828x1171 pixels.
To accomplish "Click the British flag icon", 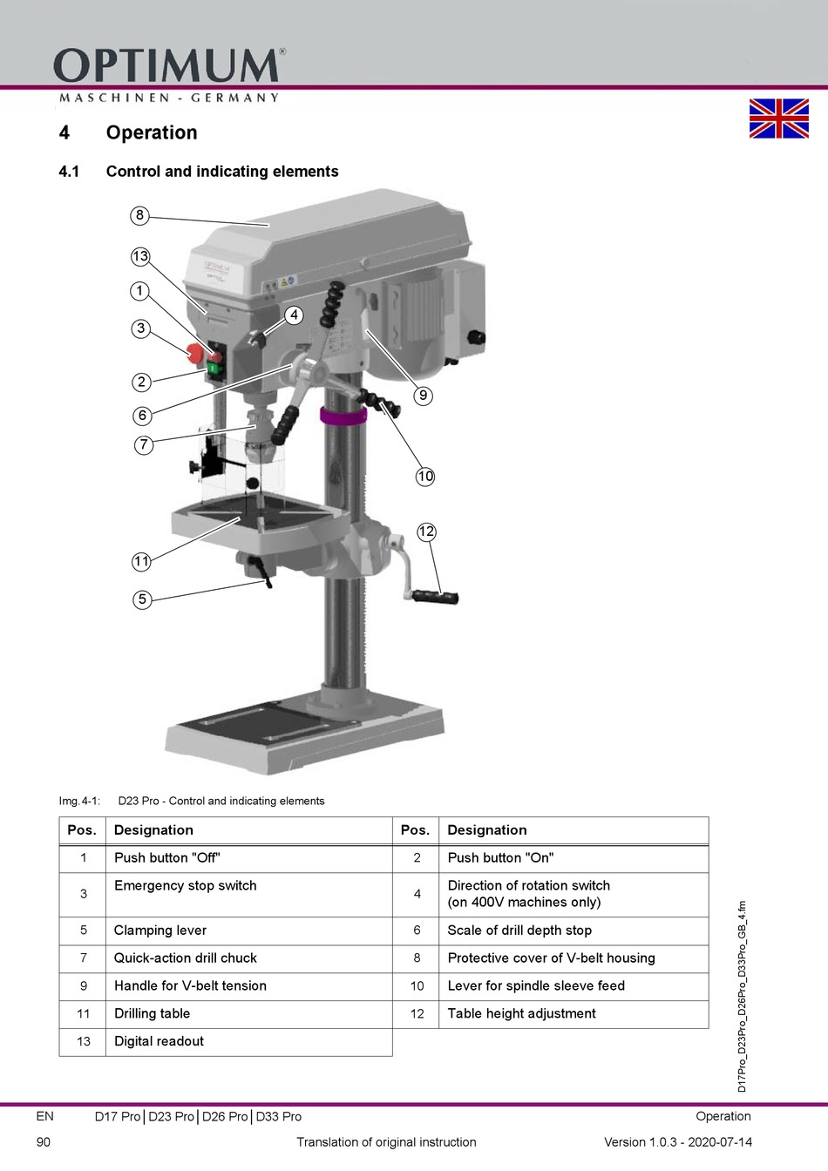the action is pos(779,118).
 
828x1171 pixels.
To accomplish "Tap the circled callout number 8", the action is pos(139,215).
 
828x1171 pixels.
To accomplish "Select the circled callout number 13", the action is pos(140,256).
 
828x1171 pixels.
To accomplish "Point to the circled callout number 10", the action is pos(425,477).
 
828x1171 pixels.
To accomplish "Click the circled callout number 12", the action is pos(426,531).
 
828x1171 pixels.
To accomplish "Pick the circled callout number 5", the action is pos(142,599).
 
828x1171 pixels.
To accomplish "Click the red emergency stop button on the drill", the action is pos(195,354).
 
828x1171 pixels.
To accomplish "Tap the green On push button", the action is pos(214,369).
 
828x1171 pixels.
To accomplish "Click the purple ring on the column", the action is pos(343,416).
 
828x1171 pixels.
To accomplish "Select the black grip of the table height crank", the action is pos(435,597).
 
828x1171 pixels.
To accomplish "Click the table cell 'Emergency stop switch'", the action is pos(185,885).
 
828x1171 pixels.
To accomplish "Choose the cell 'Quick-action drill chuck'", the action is pos(185,958).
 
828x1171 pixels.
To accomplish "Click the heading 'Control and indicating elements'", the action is pos(222,172).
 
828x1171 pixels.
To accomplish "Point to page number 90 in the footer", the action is pos(44,1141).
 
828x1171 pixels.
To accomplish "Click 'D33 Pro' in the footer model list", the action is pos(278,1117).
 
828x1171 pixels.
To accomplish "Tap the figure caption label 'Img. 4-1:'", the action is pos(79,801).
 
